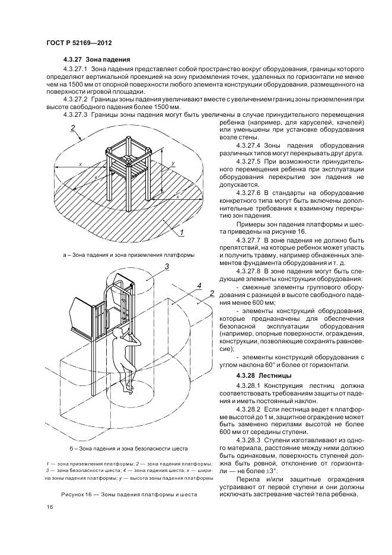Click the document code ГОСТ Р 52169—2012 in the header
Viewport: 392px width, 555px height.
[79, 44]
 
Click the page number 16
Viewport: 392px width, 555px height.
[49, 506]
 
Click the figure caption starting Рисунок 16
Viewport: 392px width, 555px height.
[129, 493]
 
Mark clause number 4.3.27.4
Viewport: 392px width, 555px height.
[251, 145]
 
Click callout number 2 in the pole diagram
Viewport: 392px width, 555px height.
[211, 293]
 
